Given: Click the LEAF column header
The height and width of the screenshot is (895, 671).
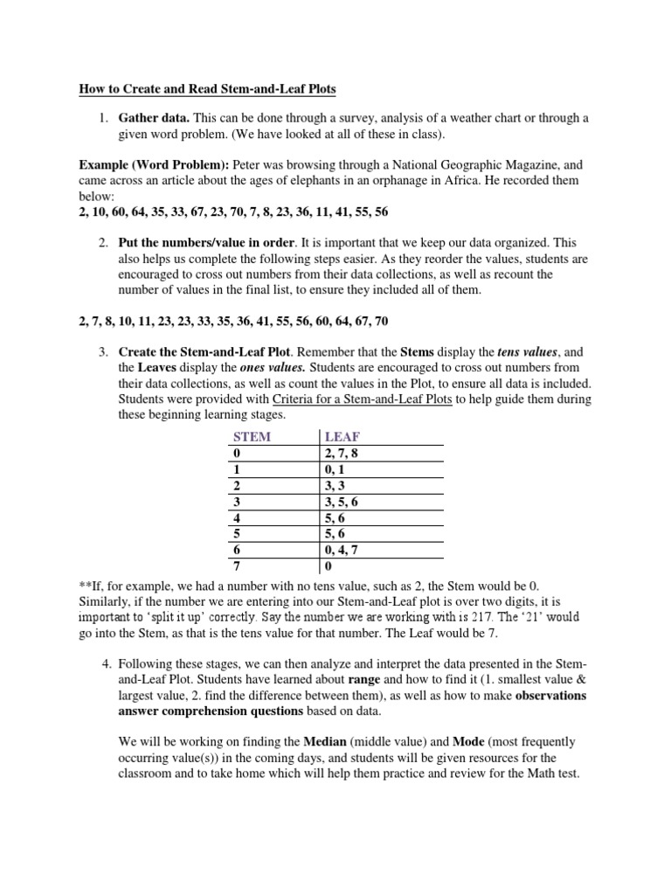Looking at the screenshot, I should (x=342, y=436).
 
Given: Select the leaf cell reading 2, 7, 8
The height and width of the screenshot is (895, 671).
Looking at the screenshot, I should (x=341, y=454).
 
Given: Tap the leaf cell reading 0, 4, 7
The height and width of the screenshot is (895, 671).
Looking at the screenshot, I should (x=341, y=551).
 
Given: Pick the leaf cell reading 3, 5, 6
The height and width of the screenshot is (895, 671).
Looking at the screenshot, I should (x=341, y=502).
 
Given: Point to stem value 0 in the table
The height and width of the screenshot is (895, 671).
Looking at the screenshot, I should (x=235, y=454).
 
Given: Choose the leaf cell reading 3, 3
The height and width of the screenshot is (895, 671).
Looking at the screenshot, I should (x=335, y=486).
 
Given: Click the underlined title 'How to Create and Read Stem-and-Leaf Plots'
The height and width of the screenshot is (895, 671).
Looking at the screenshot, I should (x=207, y=88).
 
